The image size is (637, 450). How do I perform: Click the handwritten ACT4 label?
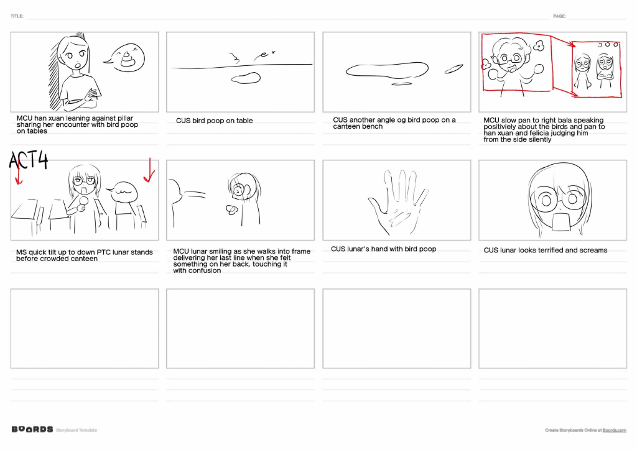(29, 160)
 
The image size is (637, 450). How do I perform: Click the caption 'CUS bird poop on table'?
(214, 121)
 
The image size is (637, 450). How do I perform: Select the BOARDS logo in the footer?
(32, 429)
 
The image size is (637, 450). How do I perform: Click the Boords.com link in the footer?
(614, 430)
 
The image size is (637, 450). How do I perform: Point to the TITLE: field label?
(17, 16)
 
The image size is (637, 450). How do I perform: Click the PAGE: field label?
(559, 16)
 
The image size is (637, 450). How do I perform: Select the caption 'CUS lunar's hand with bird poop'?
(383, 249)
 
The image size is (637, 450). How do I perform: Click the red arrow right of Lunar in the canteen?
(149, 170)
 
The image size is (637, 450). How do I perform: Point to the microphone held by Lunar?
(83, 201)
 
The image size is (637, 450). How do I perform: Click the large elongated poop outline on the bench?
(387, 70)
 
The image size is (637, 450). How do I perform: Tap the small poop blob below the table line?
(246, 78)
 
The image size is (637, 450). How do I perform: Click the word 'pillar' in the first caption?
(125, 118)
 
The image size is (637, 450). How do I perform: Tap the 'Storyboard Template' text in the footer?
(77, 430)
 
